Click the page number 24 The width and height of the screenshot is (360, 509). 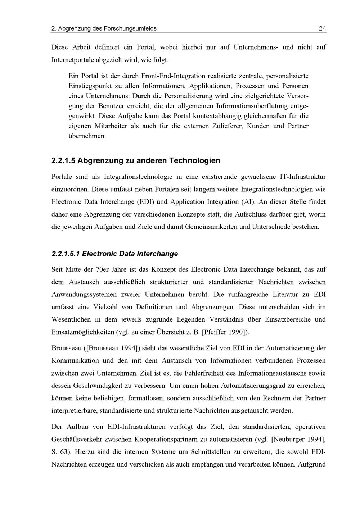[322, 28]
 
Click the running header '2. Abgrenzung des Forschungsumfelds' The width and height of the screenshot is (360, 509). [104, 28]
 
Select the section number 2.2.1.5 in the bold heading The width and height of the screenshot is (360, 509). [63, 160]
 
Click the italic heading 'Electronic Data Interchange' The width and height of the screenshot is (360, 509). [130, 254]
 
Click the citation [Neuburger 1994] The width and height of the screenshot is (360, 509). [298, 439]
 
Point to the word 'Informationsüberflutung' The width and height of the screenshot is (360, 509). [252, 106]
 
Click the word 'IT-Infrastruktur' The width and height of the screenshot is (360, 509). [302, 177]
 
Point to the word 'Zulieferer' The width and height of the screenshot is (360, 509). [228, 126]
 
